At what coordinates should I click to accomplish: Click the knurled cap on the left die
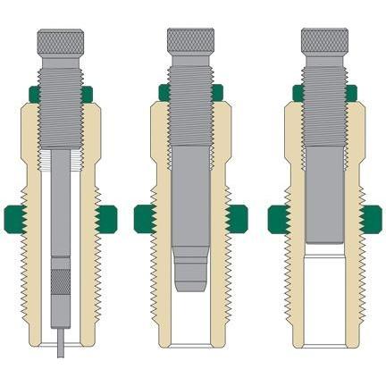[x=61, y=41]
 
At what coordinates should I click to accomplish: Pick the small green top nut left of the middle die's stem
[x=164, y=91]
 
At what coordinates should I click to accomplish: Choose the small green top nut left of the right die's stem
[x=298, y=91]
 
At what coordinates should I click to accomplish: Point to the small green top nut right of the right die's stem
[x=352, y=91]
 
